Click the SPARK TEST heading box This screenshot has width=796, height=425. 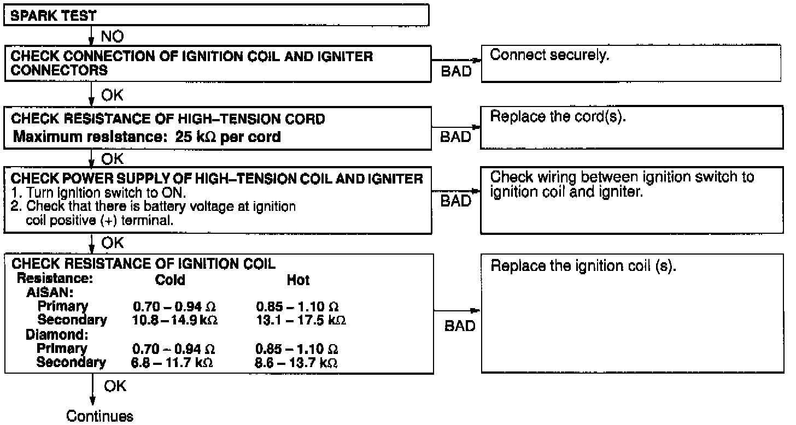coord(216,16)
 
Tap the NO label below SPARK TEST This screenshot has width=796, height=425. coord(112,37)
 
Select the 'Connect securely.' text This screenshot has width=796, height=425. coord(549,55)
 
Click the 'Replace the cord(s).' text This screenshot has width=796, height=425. coord(558,117)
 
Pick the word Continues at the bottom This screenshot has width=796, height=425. coord(99,416)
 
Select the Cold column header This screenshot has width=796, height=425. coord(170,280)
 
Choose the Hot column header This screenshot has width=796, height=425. coord(298,280)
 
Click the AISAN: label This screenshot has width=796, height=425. coord(50,293)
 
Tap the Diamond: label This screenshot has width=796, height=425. coord(57,334)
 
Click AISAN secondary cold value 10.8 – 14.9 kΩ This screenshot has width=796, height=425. coord(175,320)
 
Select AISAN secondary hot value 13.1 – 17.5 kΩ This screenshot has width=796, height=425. coord(301,320)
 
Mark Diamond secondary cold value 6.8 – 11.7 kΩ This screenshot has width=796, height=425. coord(173,362)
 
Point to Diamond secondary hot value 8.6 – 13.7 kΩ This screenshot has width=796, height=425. coord(297,362)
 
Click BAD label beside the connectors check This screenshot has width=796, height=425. coord(455,72)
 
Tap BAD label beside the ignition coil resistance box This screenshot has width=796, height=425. coord(460,326)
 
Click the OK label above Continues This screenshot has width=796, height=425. coord(115,386)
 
